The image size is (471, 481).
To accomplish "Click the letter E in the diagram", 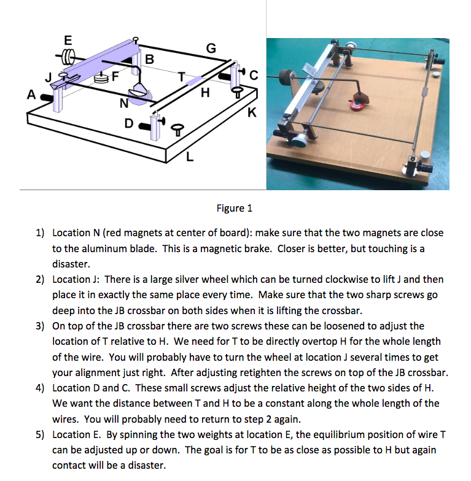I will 68,40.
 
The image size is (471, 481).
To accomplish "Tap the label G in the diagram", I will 211,48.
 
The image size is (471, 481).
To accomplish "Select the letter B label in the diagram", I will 149,60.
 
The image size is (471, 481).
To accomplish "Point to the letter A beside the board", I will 30,95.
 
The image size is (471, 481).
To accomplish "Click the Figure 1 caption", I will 235,208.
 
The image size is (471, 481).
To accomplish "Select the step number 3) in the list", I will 40,326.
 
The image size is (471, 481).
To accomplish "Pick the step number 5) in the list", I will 40,434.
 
